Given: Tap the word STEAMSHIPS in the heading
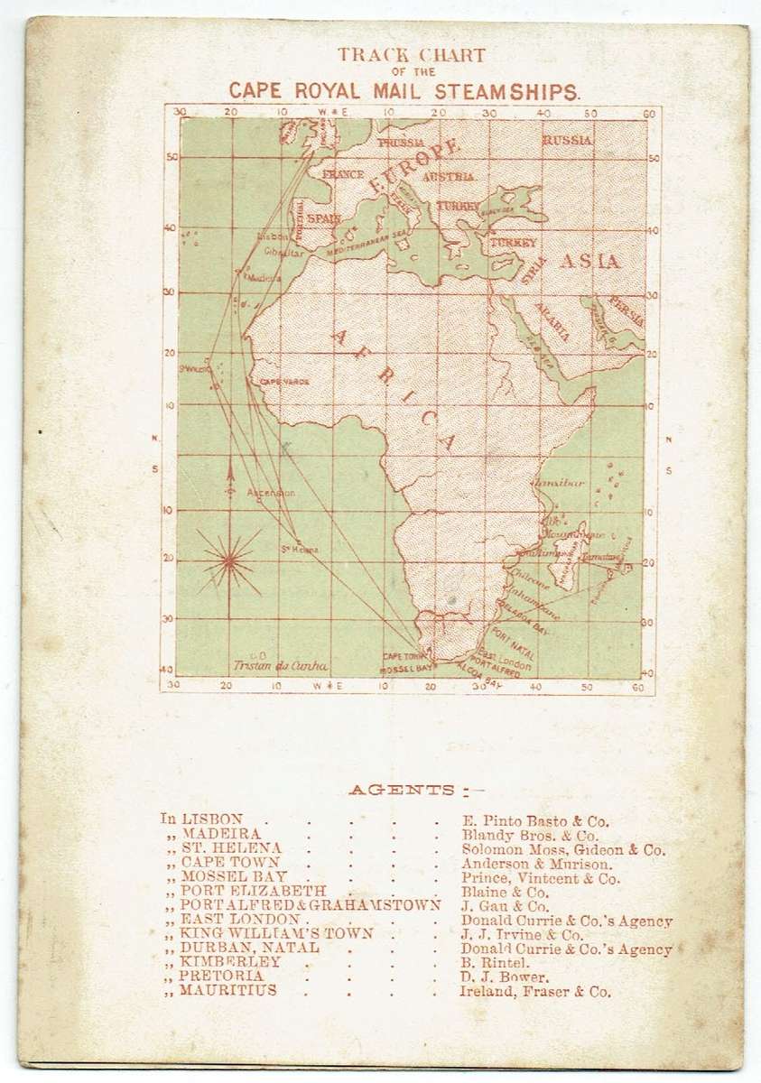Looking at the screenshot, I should pos(515,90).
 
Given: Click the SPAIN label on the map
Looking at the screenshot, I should pos(322,218).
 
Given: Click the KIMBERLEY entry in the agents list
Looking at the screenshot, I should pos(224,964).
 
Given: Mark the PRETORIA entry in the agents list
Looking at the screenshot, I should pos(220,978).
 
